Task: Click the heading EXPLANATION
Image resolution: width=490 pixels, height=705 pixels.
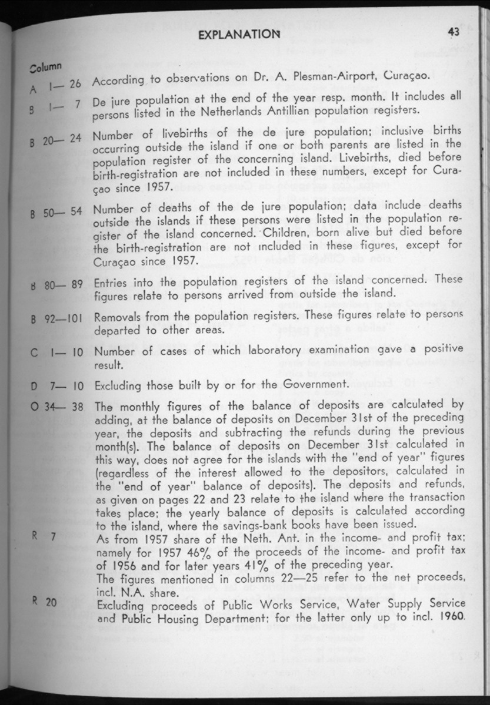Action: pos(238,34)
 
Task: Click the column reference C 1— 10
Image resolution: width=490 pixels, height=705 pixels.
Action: pos(57,353)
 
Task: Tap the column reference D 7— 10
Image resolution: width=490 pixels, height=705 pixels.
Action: pos(57,385)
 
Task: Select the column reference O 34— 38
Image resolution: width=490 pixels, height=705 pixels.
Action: pos(56,407)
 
